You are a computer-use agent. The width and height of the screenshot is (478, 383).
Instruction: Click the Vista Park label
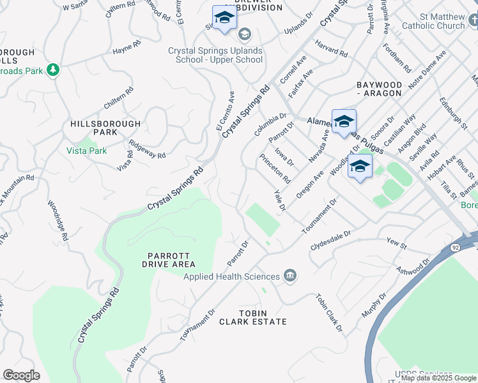pyautogui.click(x=86, y=151)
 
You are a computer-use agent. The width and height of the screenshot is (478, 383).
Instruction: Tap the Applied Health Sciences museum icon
pyautogui.click(x=290, y=276)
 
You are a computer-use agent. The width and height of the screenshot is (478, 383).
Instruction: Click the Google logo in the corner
pyautogui.click(x=21, y=375)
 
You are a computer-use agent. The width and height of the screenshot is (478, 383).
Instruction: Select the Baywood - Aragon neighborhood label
pyautogui.click(x=379, y=89)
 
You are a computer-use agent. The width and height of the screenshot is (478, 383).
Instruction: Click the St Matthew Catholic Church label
pyautogui.click(x=433, y=22)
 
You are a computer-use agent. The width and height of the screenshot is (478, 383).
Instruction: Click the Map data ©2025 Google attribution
pyautogui.click(x=439, y=378)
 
